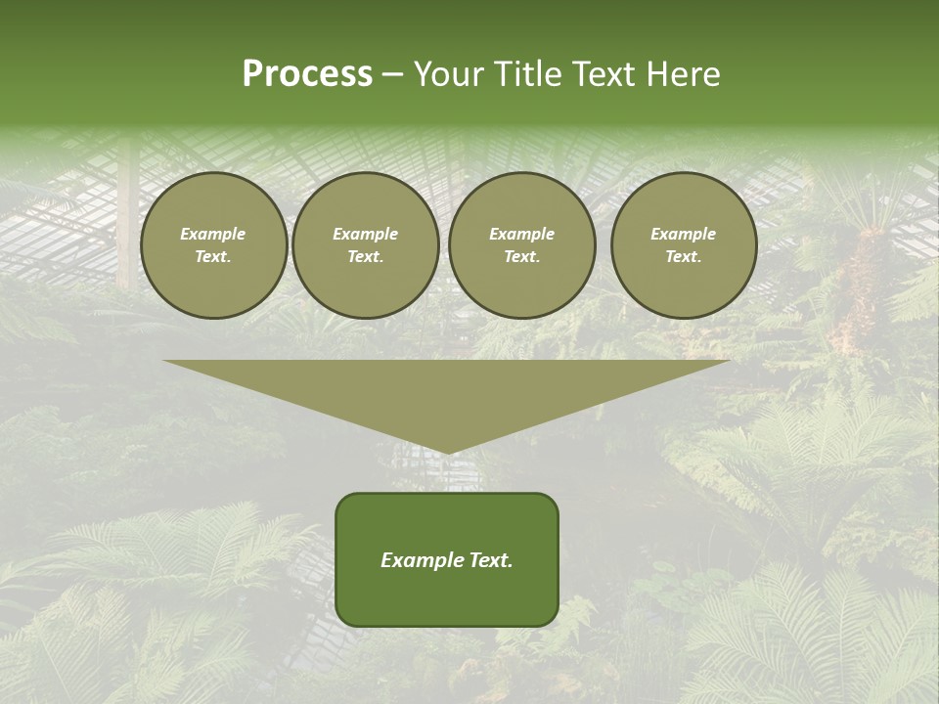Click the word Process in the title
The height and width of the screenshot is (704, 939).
[x=307, y=74]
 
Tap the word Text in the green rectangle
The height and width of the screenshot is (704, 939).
[x=490, y=560]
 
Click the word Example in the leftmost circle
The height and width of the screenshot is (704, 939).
[x=213, y=234]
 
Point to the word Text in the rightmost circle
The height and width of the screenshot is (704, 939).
[x=683, y=256]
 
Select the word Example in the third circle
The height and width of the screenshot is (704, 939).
[x=522, y=234]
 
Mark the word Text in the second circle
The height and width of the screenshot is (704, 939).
[x=365, y=256]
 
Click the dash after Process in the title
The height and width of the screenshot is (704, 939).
[x=392, y=74]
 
